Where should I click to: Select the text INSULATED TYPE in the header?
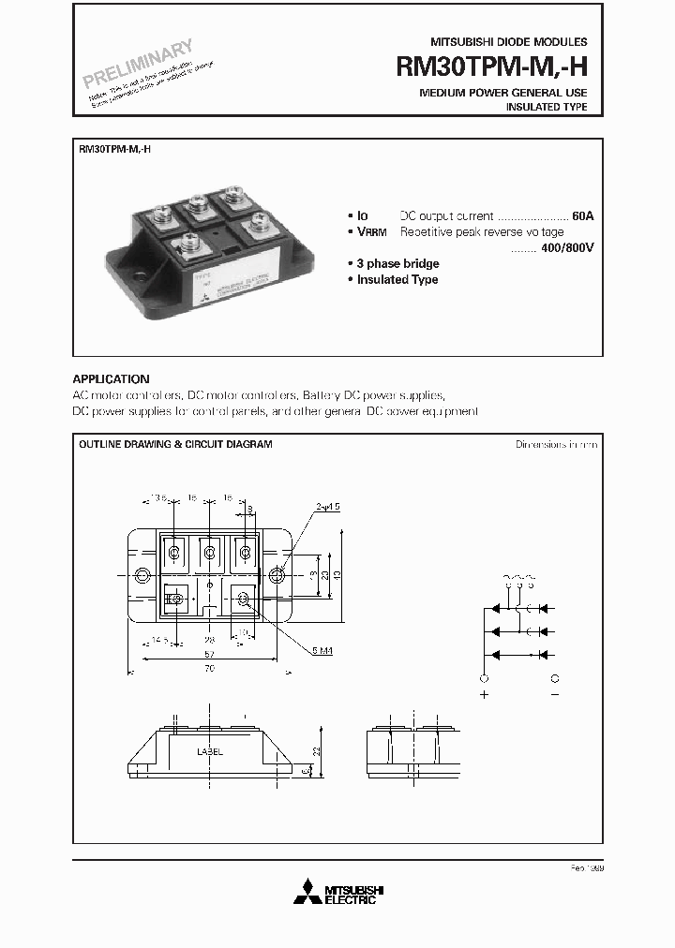[x=547, y=108]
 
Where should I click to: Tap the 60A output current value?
[x=582, y=215]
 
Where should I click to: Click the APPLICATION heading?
[x=111, y=379]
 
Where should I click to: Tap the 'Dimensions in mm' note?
[x=556, y=444]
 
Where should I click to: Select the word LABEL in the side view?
[x=210, y=752]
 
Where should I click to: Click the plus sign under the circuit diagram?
[x=485, y=696]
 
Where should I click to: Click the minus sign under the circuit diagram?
[x=555, y=696]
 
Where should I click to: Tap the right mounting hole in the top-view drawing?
[x=277, y=574]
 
